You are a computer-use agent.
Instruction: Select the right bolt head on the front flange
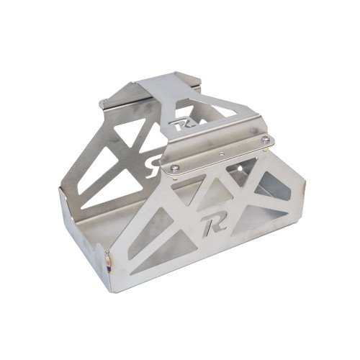click(x=266, y=139)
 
